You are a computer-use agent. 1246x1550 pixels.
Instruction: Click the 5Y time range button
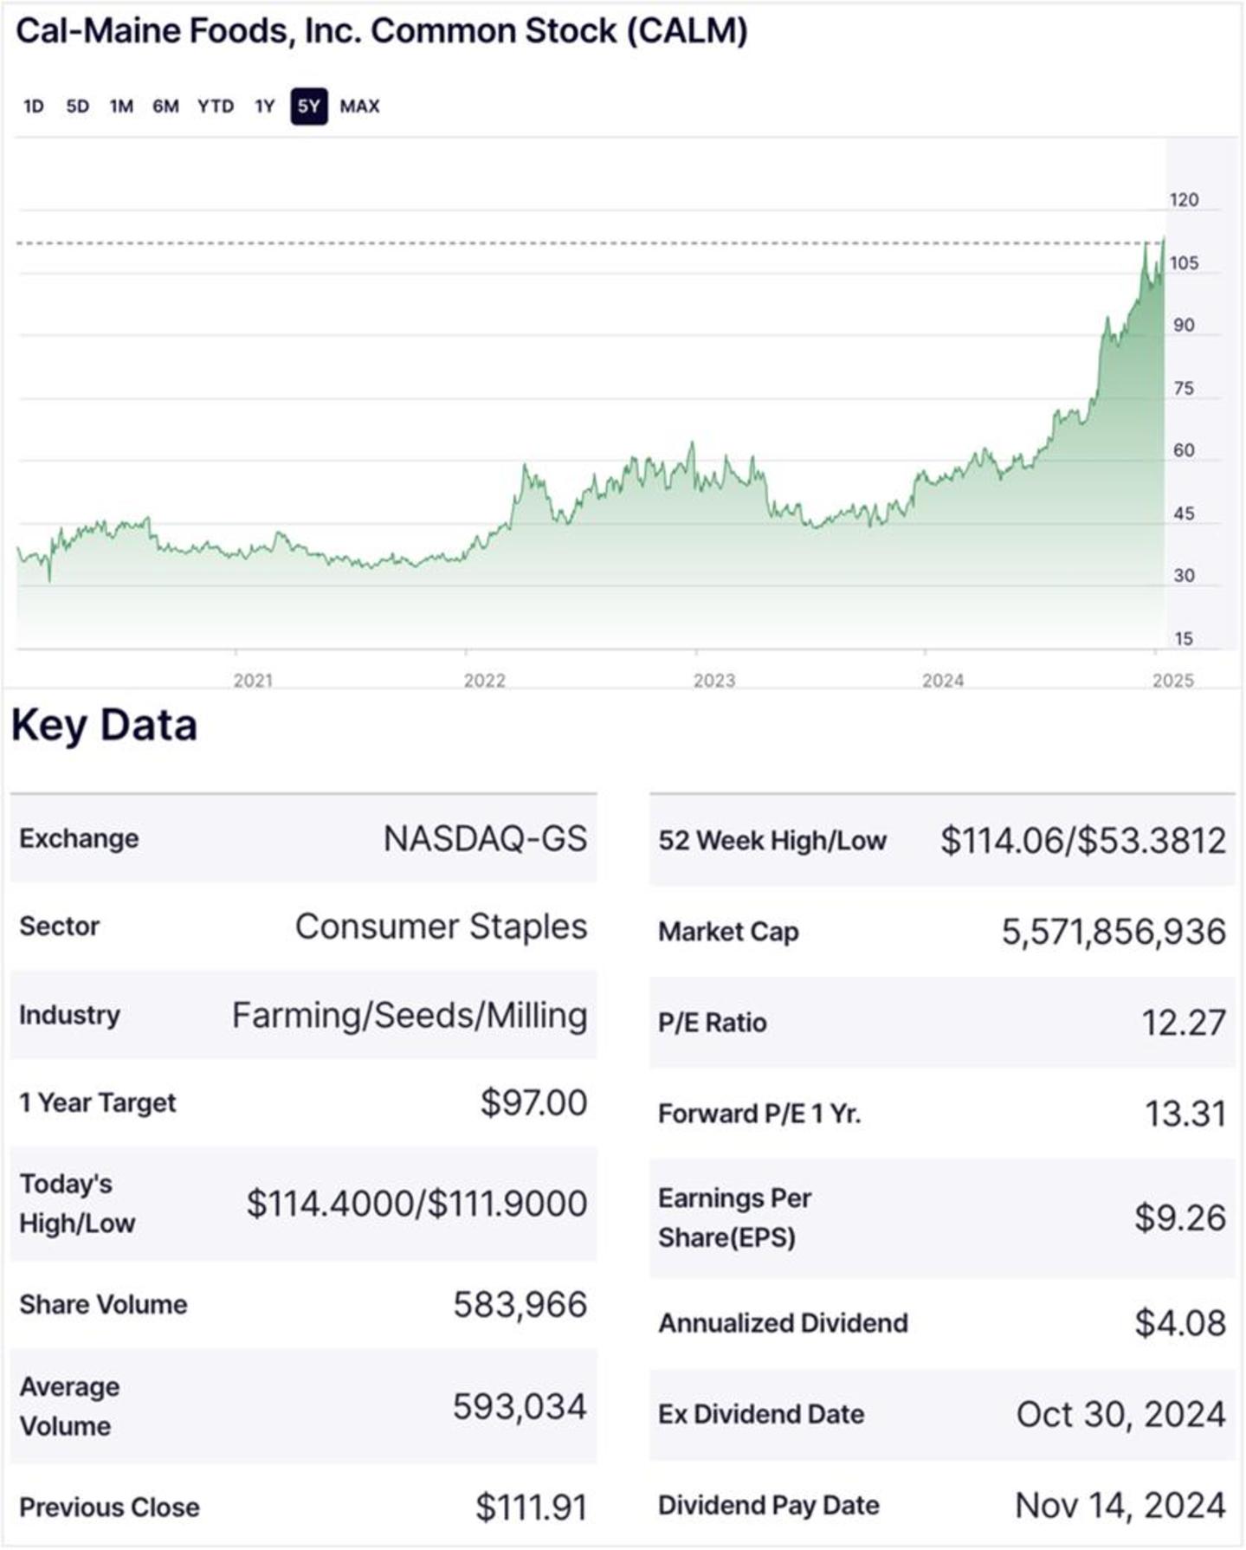[x=308, y=107]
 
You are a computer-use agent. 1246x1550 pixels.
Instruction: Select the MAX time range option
[x=359, y=107]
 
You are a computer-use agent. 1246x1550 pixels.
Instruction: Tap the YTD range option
[x=215, y=107]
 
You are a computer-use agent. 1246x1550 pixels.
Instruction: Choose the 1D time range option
[x=33, y=107]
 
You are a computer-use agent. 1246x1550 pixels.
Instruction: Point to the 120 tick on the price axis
[x=1184, y=200]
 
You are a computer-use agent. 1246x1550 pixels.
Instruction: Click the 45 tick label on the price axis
[x=1184, y=513]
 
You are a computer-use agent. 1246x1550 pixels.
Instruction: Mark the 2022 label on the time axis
[x=484, y=681]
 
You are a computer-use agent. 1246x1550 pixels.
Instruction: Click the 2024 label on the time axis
[x=942, y=681]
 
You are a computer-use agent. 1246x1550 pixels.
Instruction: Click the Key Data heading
[x=104, y=725]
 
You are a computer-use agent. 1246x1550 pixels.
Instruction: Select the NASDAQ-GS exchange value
[x=485, y=838]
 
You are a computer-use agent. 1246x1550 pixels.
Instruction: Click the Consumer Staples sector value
[x=441, y=927]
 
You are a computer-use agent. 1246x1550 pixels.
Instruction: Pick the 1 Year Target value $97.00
[x=533, y=1102]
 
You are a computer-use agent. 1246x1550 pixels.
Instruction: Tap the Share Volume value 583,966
[x=520, y=1304]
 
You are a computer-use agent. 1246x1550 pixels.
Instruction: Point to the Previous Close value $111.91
[x=531, y=1508]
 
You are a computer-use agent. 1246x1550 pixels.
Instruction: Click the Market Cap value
[x=1114, y=932]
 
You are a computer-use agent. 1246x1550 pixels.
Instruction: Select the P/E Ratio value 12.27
[x=1183, y=1023]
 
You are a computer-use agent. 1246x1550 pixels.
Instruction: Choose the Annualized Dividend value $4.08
[x=1180, y=1323]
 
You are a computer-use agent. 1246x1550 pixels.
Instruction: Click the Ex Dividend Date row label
[x=761, y=1414]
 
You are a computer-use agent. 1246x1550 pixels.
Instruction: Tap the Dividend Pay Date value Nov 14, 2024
[x=1120, y=1506]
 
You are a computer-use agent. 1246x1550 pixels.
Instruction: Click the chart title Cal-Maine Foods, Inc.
[x=381, y=31]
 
